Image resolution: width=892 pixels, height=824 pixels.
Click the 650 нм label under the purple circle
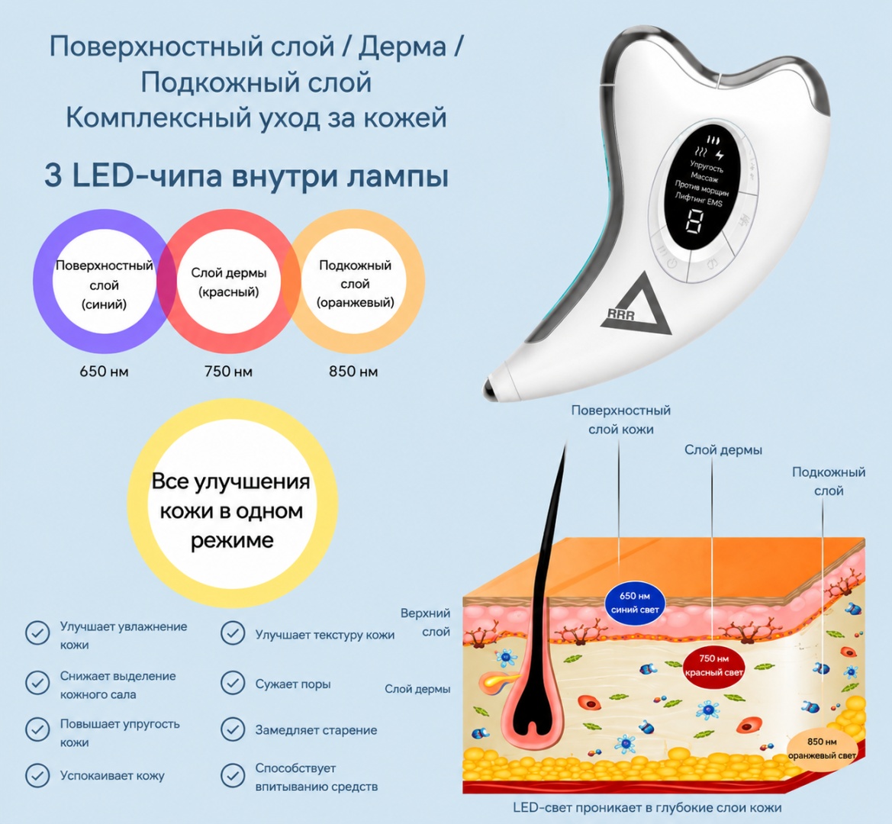(x=104, y=372)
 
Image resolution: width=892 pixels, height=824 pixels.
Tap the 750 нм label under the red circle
(x=228, y=372)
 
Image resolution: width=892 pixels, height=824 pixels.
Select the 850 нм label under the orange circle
(x=353, y=372)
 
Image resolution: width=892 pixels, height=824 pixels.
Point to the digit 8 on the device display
(x=694, y=221)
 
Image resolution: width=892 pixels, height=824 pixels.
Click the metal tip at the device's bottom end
(x=491, y=388)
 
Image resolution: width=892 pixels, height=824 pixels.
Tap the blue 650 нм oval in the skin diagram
(x=635, y=603)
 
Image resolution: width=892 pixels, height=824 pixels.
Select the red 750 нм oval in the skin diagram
(x=713, y=665)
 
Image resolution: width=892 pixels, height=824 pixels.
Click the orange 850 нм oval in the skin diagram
(x=822, y=748)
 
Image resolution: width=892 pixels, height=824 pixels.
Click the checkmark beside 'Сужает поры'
(x=233, y=683)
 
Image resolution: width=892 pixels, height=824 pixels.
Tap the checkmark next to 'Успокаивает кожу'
(x=37, y=775)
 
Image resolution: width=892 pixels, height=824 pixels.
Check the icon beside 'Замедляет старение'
(x=233, y=729)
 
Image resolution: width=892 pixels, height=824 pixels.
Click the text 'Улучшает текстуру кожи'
(x=325, y=635)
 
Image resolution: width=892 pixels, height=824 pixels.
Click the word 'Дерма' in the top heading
(x=402, y=46)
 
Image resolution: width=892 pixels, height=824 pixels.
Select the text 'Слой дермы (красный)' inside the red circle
(x=229, y=282)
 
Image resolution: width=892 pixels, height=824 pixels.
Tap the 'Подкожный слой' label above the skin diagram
(x=829, y=481)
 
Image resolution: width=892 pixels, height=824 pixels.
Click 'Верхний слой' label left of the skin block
(x=426, y=622)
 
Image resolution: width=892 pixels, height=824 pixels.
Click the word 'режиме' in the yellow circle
(x=232, y=540)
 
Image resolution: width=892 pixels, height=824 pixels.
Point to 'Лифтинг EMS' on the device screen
(x=699, y=200)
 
